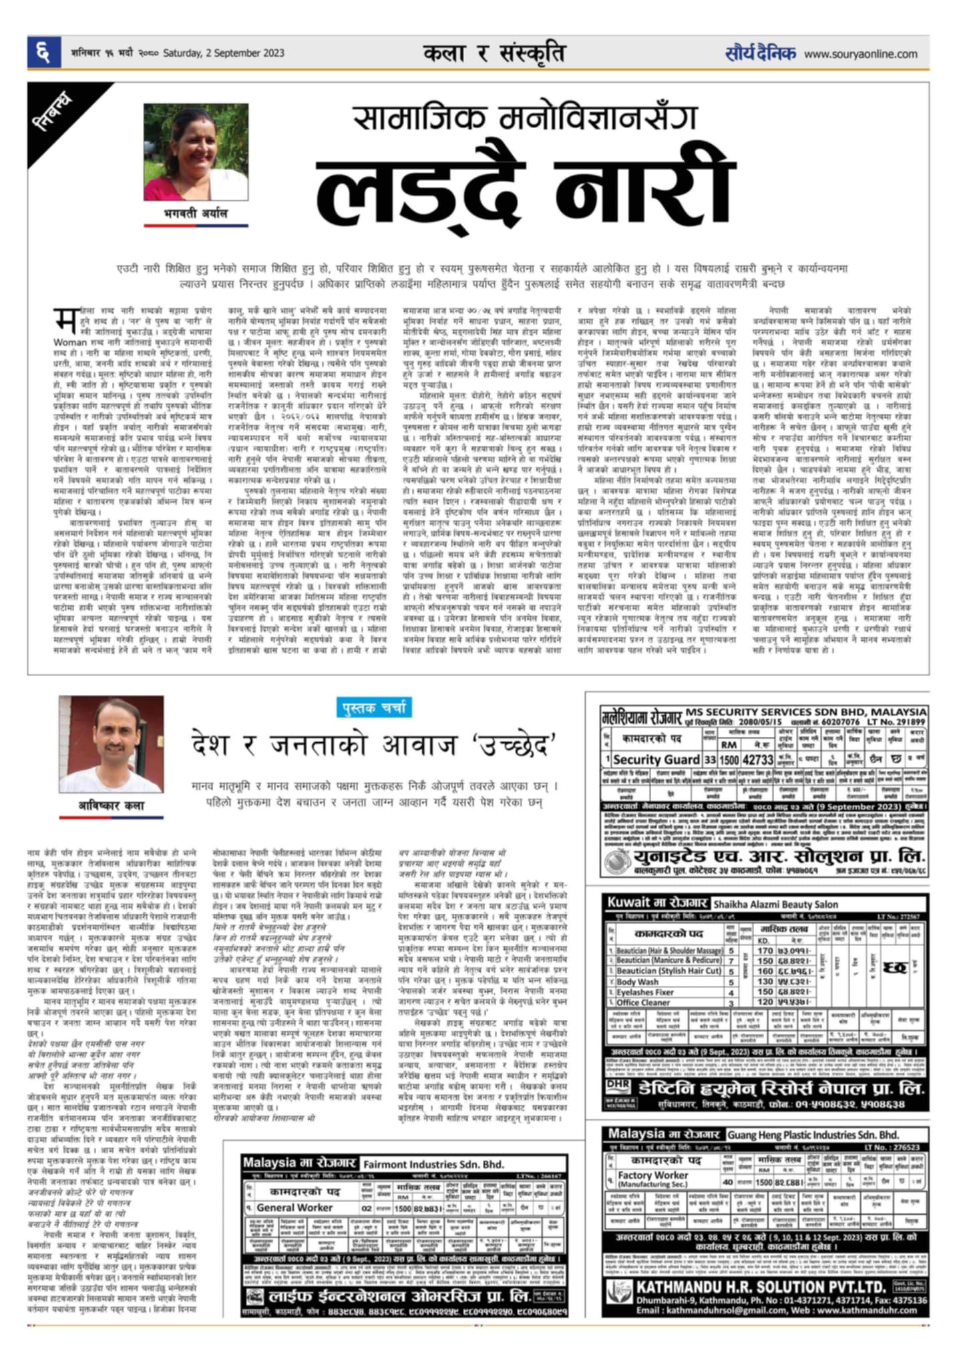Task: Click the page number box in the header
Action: click(43, 53)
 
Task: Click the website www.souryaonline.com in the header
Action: click(860, 54)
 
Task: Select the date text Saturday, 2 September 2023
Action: click(224, 53)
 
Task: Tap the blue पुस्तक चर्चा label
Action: click(374, 708)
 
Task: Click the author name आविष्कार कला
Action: click(111, 805)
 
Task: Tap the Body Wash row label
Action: click(637, 983)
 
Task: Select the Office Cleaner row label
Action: click(644, 1003)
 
